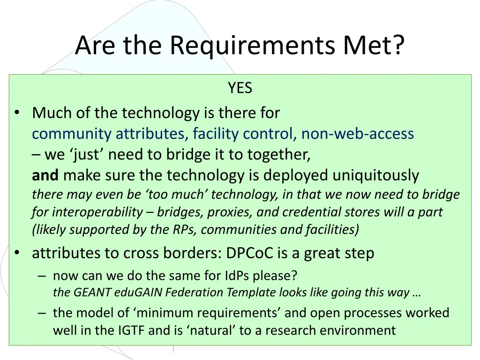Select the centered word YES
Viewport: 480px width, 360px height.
(240, 88)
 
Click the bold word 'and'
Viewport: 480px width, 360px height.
(45, 175)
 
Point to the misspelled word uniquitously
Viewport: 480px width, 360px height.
(376, 175)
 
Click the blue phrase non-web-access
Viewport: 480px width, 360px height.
(358, 134)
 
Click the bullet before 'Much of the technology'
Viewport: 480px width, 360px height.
(17, 113)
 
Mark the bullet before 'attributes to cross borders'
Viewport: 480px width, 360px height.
(17, 253)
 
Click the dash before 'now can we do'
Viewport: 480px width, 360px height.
(42, 276)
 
